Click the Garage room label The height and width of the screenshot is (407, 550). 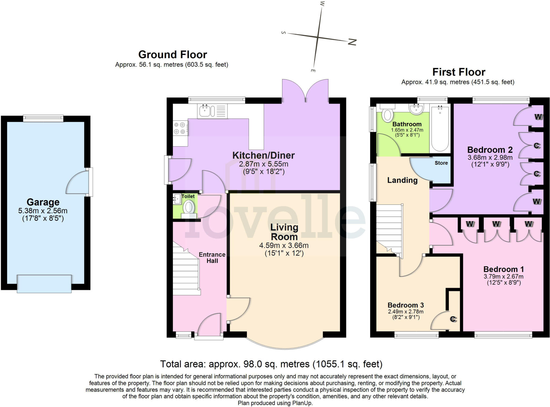[43, 202]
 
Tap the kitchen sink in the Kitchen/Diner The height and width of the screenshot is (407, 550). [205, 111]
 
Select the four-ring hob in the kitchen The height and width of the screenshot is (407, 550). [180, 128]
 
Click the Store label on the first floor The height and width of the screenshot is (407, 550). [441, 163]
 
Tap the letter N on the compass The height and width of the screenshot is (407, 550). [352, 42]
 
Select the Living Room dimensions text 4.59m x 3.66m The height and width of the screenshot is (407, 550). [284, 245]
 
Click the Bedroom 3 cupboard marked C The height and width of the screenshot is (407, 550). [453, 319]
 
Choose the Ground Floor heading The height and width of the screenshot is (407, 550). [172, 54]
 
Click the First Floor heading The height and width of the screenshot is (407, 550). [458, 72]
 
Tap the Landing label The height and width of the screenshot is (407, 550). [402, 180]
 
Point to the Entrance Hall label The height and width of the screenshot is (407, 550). [212, 258]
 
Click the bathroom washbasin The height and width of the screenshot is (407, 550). [416, 109]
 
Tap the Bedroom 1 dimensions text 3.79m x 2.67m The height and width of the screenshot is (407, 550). [503, 276]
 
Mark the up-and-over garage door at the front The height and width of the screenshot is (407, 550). [44, 284]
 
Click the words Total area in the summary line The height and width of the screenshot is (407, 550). [183, 364]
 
